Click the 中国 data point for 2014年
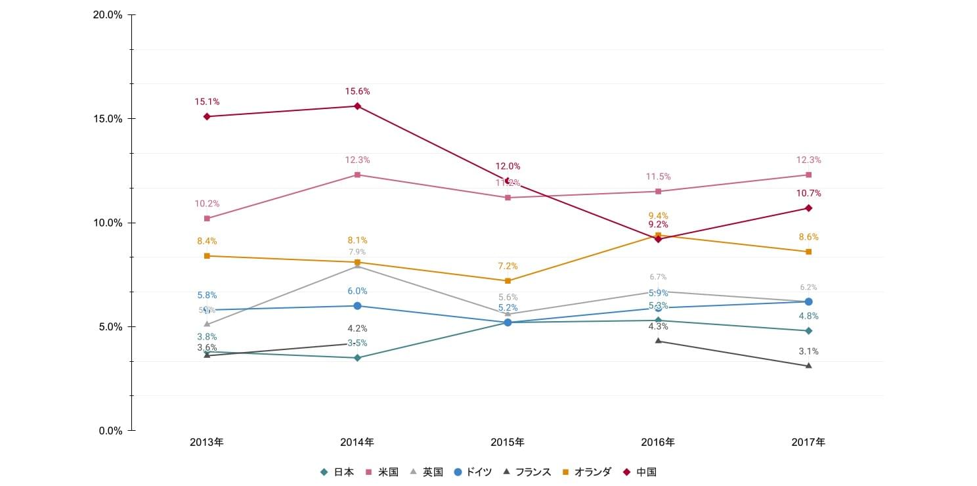[357, 106]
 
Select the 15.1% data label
[207, 102]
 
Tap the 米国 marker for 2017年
[808, 175]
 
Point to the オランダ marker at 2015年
[508, 280]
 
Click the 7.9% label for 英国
[357, 252]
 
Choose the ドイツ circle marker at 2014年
[357, 306]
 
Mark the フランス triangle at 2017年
[808, 366]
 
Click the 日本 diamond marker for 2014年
[357, 358]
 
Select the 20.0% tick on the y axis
[109, 14]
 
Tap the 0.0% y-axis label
[110, 431]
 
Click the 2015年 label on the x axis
[508, 443]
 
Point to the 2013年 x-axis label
[207, 443]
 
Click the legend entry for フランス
[527, 472]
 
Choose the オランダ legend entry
[587, 472]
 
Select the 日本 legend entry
[337, 472]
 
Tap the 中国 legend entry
[640, 472]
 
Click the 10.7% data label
[808, 194]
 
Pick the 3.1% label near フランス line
[808, 351]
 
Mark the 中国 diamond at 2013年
[207, 116]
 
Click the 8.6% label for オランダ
[808, 237]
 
